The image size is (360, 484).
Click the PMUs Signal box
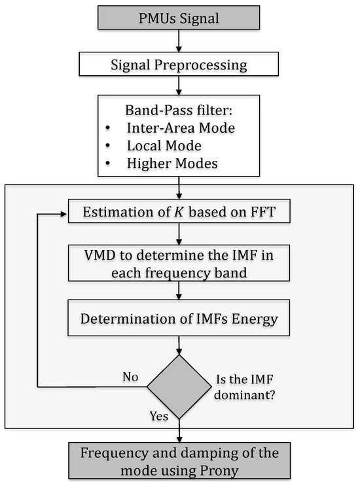pyautogui.click(x=179, y=17)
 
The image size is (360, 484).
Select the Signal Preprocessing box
pyautogui.click(x=179, y=64)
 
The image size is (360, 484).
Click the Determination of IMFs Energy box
pyautogui.click(x=179, y=320)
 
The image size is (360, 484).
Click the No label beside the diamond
pyautogui.click(x=132, y=377)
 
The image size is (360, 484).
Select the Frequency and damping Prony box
pyautogui.click(x=179, y=460)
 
